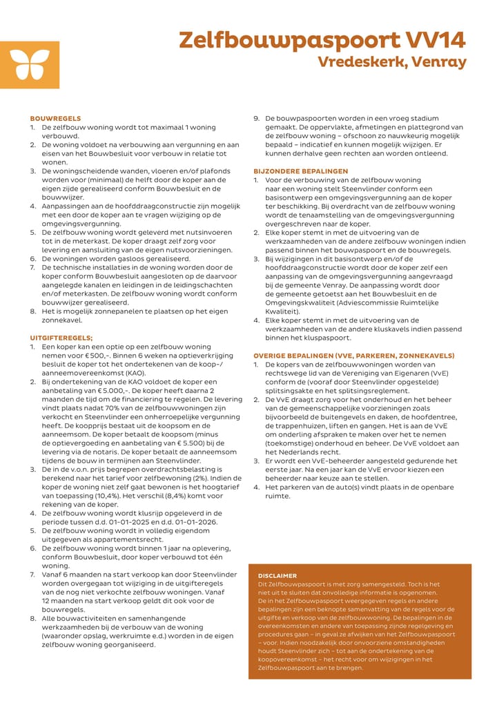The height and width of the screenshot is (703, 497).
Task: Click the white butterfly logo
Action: [x=20, y=64]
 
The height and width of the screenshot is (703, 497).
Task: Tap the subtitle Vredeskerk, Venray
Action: [x=392, y=62]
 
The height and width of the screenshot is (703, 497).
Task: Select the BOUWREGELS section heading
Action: [x=55, y=119]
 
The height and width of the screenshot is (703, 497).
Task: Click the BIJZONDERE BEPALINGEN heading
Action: [x=301, y=171]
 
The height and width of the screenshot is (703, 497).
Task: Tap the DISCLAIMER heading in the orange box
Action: [x=277, y=575]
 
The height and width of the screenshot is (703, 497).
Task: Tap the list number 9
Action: [x=257, y=119]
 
